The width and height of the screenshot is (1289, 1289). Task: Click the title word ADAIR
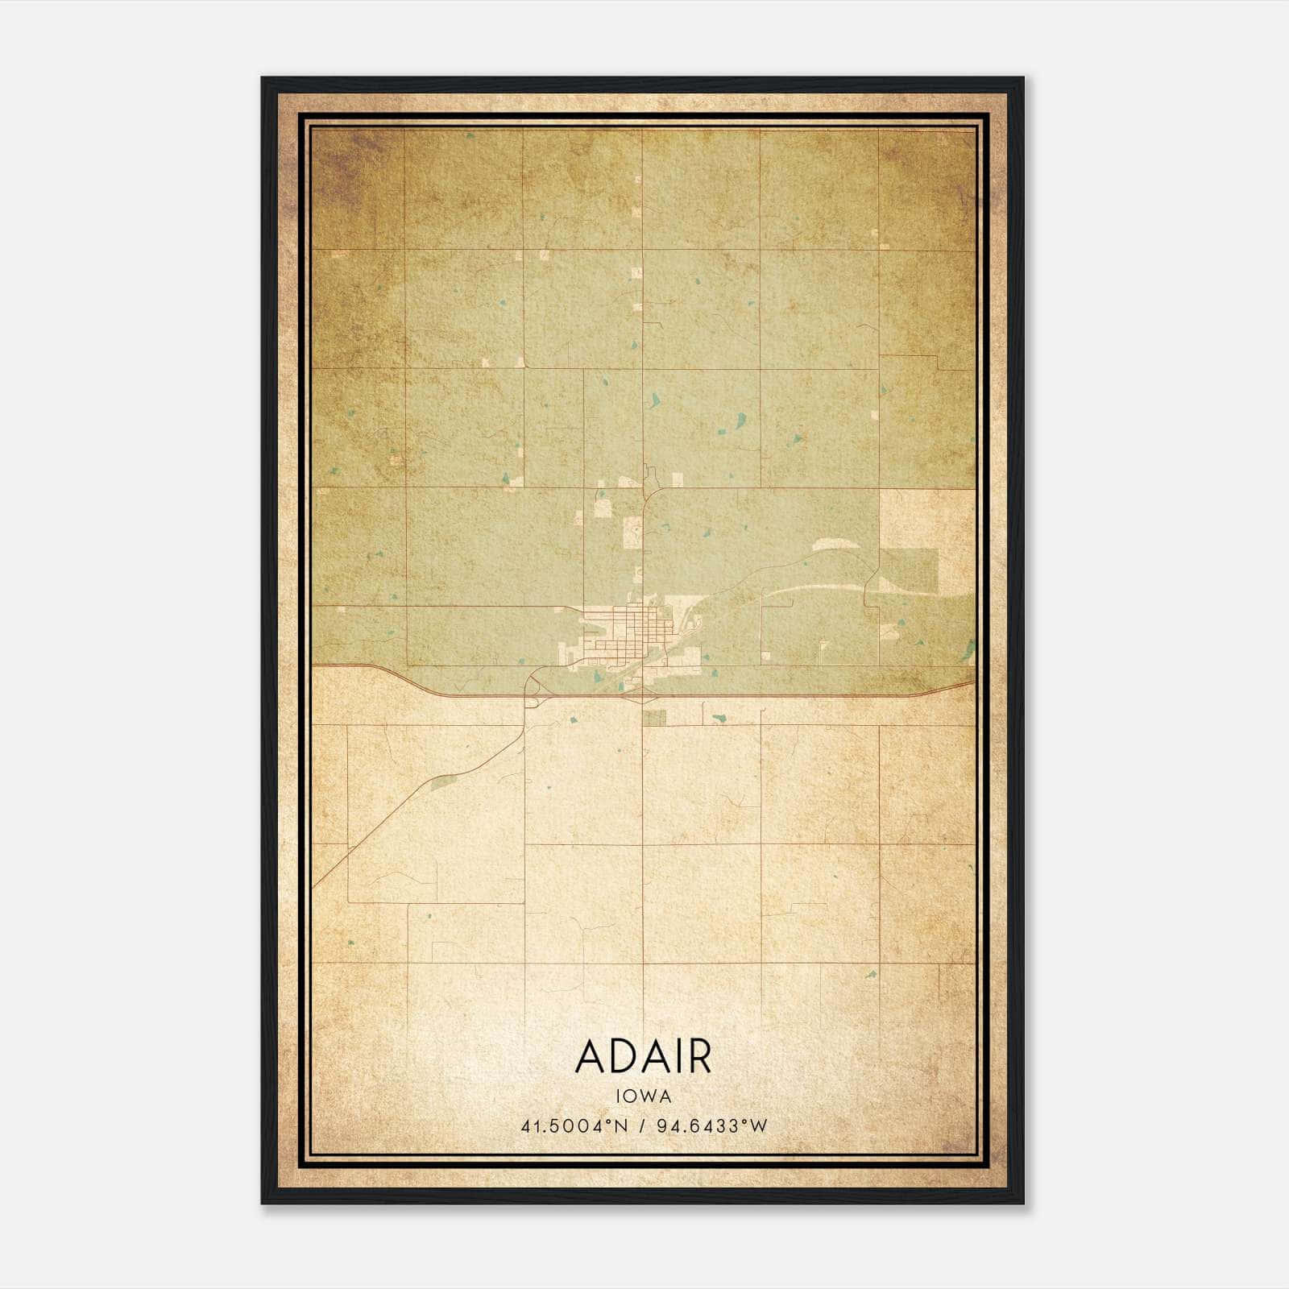click(643, 1058)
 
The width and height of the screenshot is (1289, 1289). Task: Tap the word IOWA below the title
click(643, 1096)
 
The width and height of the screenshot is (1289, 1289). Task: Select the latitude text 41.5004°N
click(573, 1125)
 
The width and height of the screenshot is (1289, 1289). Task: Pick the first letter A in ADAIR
click(591, 1058)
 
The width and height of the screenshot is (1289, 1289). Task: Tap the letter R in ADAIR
click(698, 1058)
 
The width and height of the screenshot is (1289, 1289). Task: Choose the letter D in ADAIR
click(622, 1058)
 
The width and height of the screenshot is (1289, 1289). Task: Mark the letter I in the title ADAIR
click(675, 1058)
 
